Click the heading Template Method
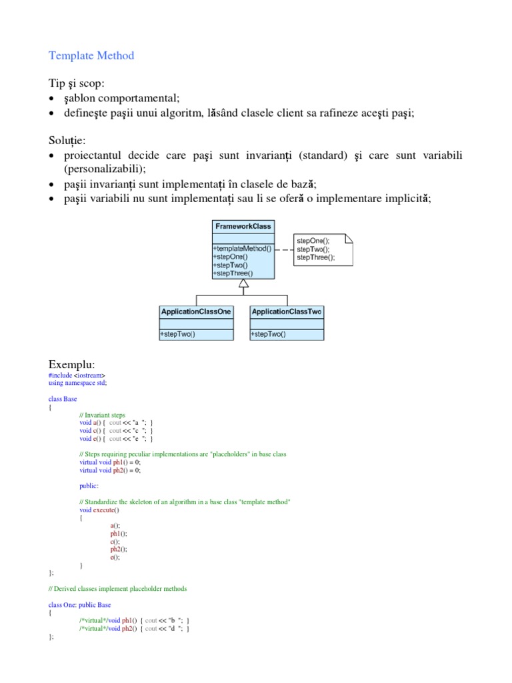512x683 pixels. tap(91, 56)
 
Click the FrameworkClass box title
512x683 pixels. tap(243, 226)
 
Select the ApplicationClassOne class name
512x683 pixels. tap(196, 311)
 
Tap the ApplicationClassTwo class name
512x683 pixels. tap(287, 311)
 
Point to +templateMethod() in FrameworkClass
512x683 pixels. tap(243, 249)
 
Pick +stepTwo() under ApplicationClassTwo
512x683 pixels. tap(268, 334)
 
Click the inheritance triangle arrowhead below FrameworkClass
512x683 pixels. tap(244, 283)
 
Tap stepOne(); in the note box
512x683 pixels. tap(313, 241)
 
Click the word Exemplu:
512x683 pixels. tap(72, 364)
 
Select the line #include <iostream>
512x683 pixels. tap(77, 376)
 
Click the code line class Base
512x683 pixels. tap(63, 399)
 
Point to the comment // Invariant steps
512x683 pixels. tap(102, 415)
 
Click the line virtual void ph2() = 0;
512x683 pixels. tap(110, 470)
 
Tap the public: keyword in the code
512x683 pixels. tap(89, 486)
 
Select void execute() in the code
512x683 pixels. tap(99, 510)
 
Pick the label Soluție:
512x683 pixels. tap(67, 141)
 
